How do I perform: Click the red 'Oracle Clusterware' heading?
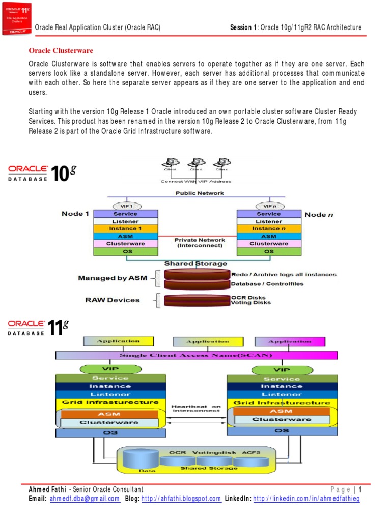pos(61,51)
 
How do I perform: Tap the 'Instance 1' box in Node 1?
pos(125,229)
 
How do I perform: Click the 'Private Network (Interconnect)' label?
pos(199,242)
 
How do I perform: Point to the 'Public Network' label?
pos(200,193)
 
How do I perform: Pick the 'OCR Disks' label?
pos(248,298)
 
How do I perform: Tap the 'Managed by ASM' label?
pos(108,278)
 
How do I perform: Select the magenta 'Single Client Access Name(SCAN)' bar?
pos(195,355)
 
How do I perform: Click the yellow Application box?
pos(119,341)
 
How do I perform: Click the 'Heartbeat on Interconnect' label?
pos(197,408)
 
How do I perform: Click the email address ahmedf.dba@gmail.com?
pos(85,499)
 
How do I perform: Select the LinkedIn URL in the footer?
pos(306,499)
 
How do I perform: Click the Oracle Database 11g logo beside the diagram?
pos(38,328)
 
